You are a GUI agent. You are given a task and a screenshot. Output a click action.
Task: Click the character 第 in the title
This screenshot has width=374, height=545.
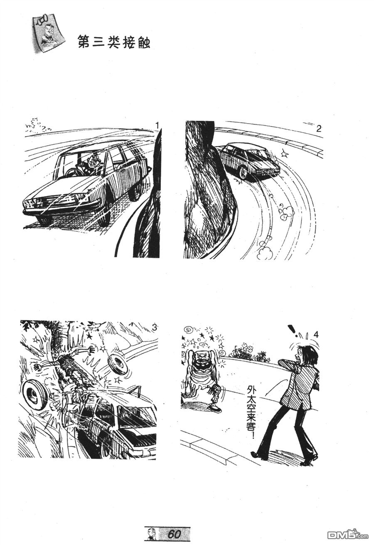point(84,42)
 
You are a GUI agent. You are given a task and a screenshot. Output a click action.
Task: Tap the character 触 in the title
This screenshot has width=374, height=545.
point(143,42)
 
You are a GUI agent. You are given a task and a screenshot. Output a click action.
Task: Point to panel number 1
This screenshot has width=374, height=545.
point(157,126)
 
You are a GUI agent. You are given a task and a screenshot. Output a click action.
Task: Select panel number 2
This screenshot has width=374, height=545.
point(319,129)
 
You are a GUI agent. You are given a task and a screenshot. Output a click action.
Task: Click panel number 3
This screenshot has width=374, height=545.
point(154,328)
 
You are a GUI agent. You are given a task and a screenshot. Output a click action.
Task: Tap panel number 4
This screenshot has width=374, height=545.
point(315,335)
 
